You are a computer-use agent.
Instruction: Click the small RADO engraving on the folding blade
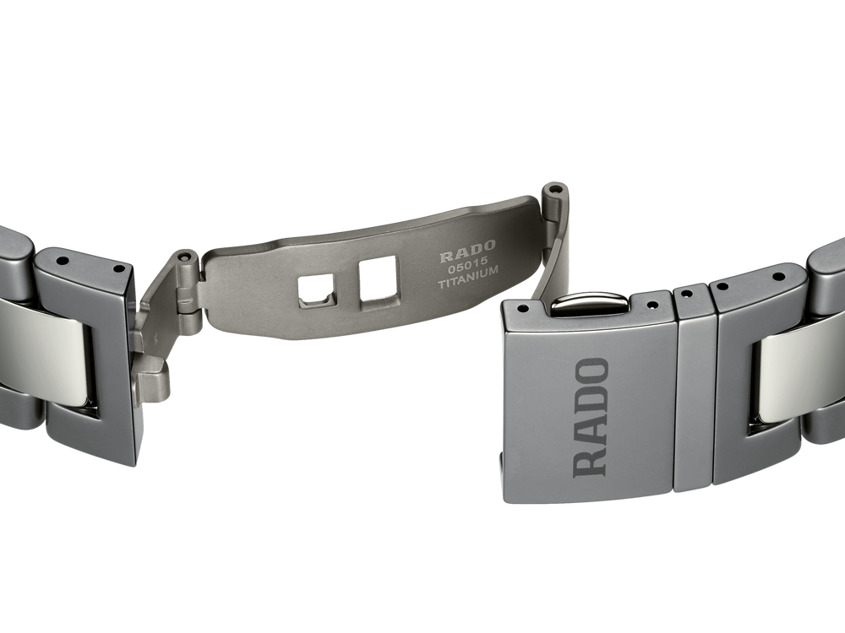pyautogui.click(x=466, y=246)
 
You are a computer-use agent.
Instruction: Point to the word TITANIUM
pyautogui.click(x=468, y=273)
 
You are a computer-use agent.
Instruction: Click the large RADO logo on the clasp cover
pyautogui.click(x=591, y=418)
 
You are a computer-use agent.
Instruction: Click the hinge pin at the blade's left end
pyautogui.click(x=187, y=256)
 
